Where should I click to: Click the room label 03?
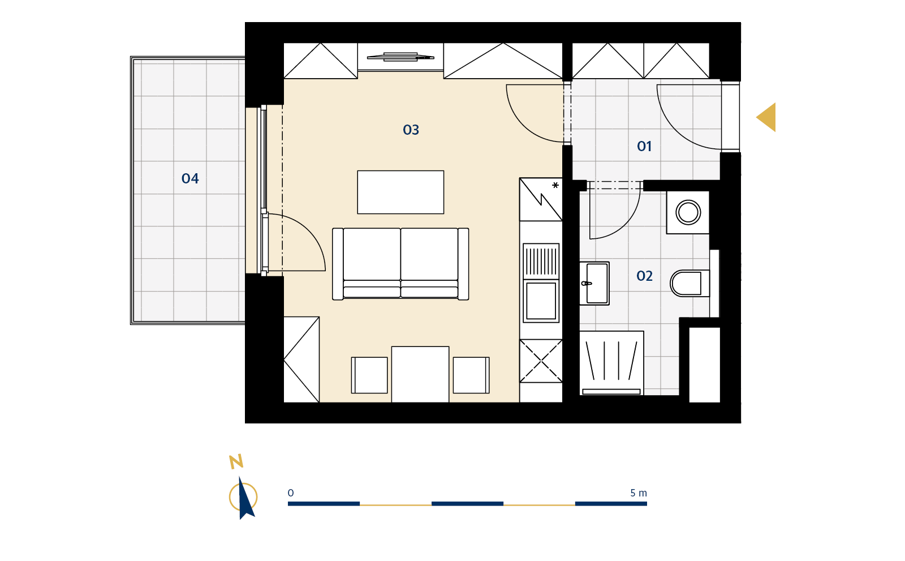tap(411, 130)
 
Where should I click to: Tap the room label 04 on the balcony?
tap(190, 178)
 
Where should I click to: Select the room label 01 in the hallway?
tap(644, 146)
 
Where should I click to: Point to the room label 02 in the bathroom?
tap(644, 276)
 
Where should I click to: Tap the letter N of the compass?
tap(236, 461)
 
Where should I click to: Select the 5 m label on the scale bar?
tap(639, 493)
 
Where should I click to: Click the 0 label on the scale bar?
tap(291, 493)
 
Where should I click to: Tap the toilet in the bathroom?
tap(689, 283)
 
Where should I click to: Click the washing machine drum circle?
tap(688, 212)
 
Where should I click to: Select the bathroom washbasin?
tap(594, 283)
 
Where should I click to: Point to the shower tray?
tap(611, 363)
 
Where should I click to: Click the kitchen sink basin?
tap(541, 301)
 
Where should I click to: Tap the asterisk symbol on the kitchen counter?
tap(555, 185)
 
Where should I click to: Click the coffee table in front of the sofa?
tap(400, 192)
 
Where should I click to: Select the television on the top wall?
tap(400, 57)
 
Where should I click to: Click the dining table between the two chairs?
tap(420, 374)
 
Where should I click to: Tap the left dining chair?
tap(369, 375)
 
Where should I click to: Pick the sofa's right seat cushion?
tap(429, 254)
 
